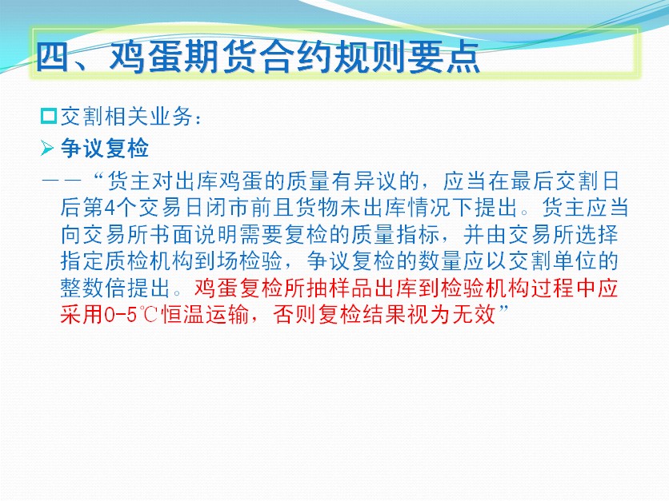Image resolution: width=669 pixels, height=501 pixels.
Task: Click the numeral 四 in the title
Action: click(53, 57)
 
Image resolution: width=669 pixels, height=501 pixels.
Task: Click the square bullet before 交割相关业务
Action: click(49, 117)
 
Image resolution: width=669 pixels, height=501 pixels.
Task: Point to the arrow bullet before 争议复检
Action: click(47, 149)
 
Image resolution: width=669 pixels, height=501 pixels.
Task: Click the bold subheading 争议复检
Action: click(105, 149)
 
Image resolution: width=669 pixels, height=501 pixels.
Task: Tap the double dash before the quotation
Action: click(62, 181)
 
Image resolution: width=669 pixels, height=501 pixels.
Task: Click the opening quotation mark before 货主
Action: click(99, 176)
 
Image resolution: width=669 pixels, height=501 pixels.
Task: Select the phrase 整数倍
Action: click(94, 288)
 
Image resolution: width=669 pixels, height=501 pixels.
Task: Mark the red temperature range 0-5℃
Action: click(130, 315)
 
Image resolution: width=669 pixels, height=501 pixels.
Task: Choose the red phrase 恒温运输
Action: click(205, 315)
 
